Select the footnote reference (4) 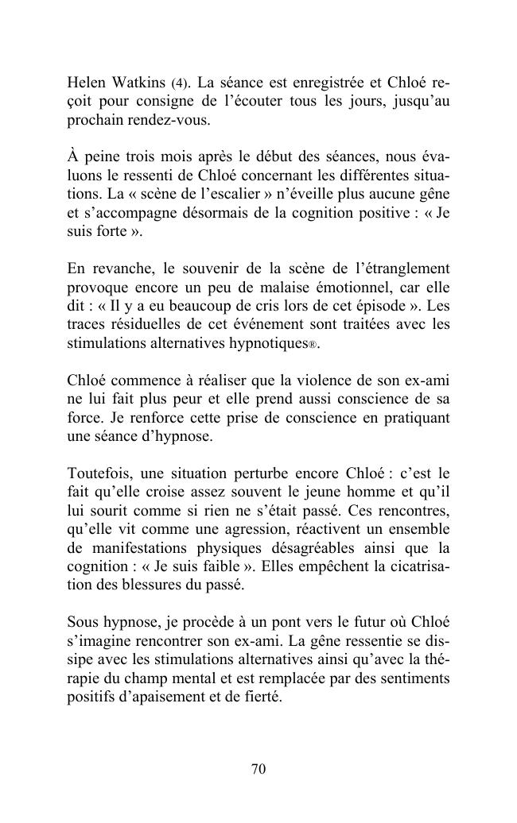(x=181, y=83)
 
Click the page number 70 (x=258, y=768)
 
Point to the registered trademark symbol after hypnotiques (x=313, y=346)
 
